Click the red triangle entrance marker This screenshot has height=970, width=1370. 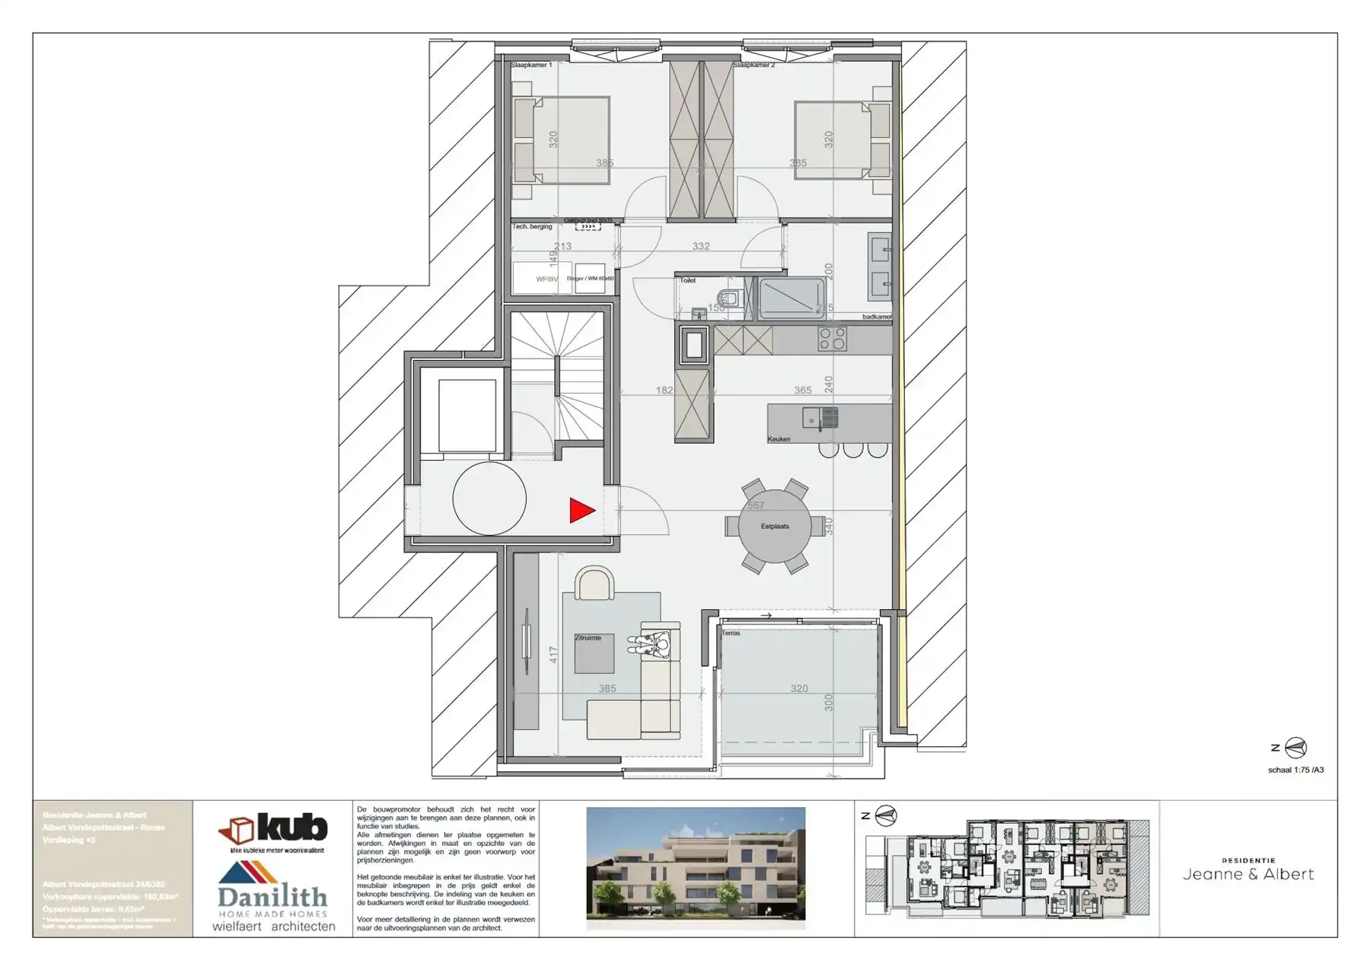[x=581, y=511]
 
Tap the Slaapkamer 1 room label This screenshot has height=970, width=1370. [x=531, y=65]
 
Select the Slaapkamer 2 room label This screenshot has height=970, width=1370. [x=753, y=65]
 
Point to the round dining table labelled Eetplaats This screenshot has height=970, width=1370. [x=775, y=526]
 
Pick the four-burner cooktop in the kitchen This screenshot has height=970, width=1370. [x=832, y=339]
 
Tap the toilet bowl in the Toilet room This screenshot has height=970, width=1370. [x=728, y=298]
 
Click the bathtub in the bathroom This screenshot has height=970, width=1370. [x=792, y=298]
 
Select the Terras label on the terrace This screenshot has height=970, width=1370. [x=731, y=633]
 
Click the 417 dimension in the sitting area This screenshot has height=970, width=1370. [x=554, y=654]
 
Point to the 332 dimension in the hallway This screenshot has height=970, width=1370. [x=700, y=246]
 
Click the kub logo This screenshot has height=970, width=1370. [x=273, y=829]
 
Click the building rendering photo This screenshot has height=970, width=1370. [x=696, y=867]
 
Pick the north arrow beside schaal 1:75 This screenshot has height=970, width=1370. [x=1295, y=748]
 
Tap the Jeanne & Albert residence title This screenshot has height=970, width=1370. [x=1248, y=874]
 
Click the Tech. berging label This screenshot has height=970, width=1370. [x=532, y=227]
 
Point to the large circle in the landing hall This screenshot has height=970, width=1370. [x=489, y=499]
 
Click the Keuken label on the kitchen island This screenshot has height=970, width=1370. [x=779, y=439]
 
